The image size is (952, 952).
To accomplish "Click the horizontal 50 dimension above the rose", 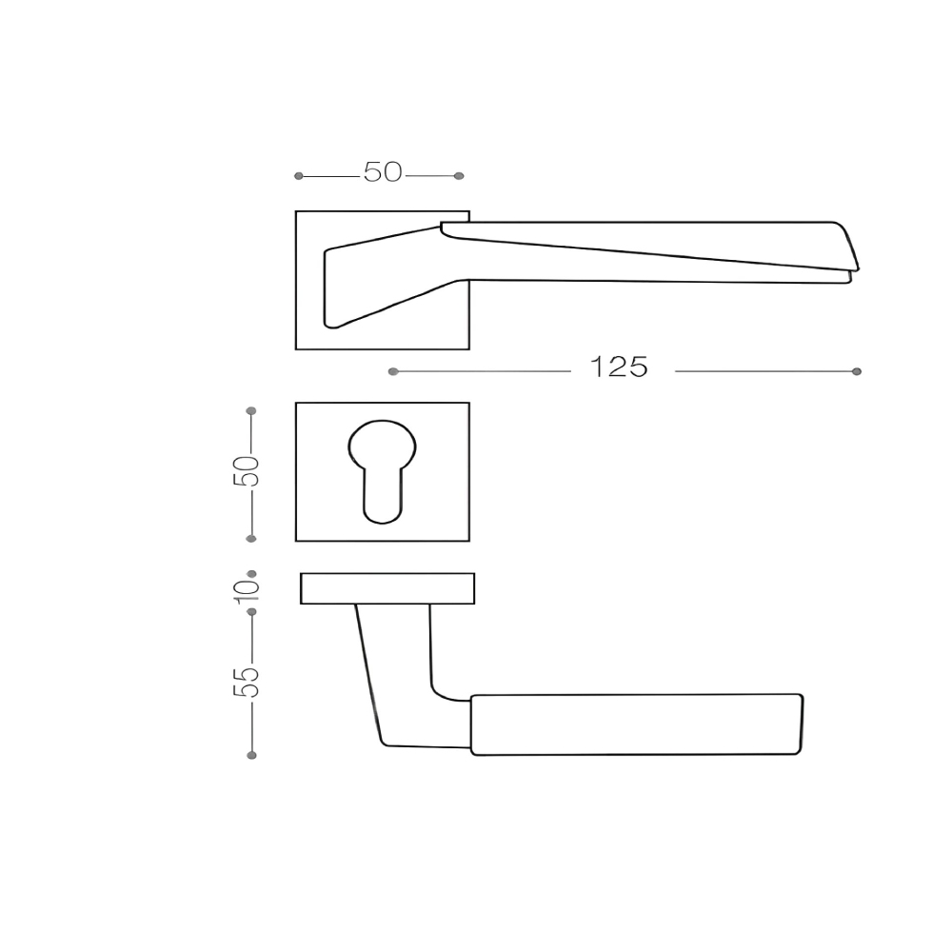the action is (383, 172).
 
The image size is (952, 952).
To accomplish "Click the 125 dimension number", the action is (620, 367).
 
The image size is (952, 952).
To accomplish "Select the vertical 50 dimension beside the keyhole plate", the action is (246, 471).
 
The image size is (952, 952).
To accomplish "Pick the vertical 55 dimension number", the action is (246, 682).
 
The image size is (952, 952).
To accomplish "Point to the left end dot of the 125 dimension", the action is (393, 371).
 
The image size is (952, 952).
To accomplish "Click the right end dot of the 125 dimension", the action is (857, 371).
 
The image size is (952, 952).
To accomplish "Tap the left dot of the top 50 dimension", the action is (298, 176).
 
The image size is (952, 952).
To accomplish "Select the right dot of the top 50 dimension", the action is (459, 176).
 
